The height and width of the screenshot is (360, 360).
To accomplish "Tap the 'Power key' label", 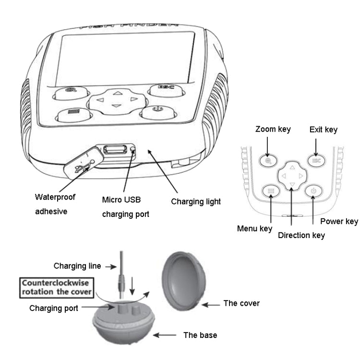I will pyautogui.click(x=339, y=221).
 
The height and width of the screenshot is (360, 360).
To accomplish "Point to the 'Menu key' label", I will pyautogui.click(x=254, y=228).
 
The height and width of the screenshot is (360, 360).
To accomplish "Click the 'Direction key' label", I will pyautogui.click(x=301, y=235).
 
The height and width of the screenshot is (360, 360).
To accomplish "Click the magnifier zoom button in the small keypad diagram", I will pyautogui.click(x=269, y=160).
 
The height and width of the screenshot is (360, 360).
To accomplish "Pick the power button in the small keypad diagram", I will pyautogui.click(x=313, y=191).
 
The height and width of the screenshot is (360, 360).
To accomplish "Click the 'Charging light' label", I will pyautogui.click(x=196, y=202).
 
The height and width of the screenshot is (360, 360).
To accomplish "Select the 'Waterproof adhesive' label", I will pyautogui.click(x=55, y=204).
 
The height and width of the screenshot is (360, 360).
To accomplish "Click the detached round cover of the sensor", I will pyautogui.click(x=185, y=278).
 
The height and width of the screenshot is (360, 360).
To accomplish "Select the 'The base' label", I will pyautogui.click(x=200, y=335).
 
